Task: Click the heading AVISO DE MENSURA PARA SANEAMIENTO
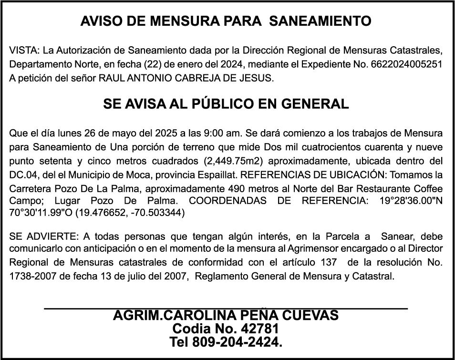point(226,21)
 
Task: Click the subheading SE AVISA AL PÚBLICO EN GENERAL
point(226,104)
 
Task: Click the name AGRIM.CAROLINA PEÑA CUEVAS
point(226,316)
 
